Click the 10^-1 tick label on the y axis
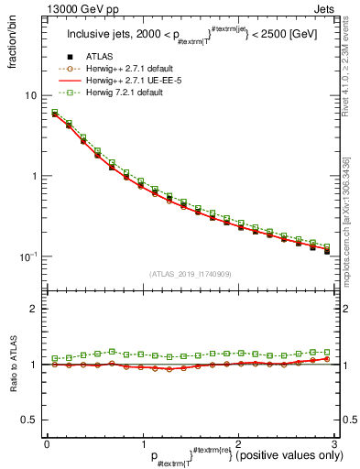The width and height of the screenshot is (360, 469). point(30,256)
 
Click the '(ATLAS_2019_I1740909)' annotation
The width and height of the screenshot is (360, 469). point(190,274)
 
